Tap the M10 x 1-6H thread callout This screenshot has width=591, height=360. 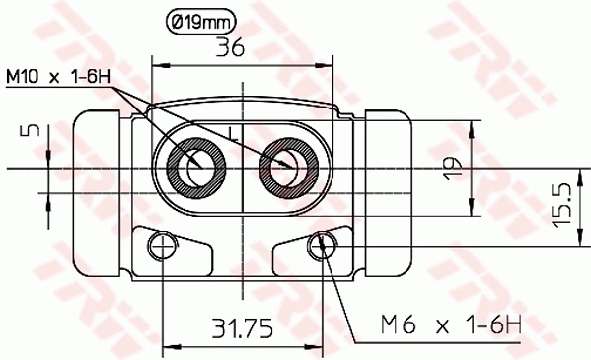click(x=57, y=76)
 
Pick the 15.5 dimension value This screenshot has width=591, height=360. click(x=561, y=204)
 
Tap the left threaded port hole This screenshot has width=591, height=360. click(x=195, y=166)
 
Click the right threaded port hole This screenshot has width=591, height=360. click(x=288, y=167)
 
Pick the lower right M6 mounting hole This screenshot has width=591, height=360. click(x=322, y=245)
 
